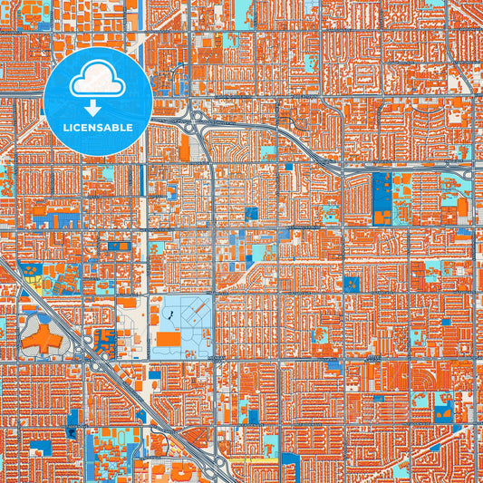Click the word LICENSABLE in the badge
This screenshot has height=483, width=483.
[98, 127]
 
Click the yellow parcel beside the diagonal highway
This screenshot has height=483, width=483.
[34, 279]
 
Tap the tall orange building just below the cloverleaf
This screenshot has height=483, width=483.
[185, 148]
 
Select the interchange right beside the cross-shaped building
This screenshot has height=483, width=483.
[84, 346]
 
